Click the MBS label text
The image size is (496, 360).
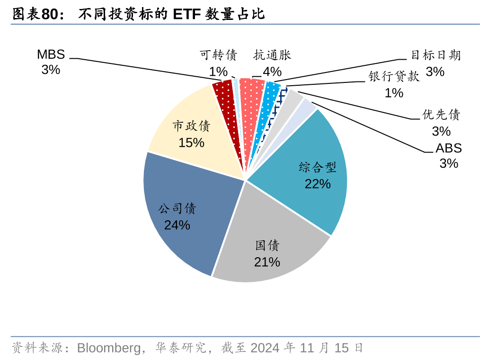[x=51, y=54]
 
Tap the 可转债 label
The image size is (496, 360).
[x=218, y=55]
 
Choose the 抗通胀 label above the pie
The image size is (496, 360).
[x=272, y=55]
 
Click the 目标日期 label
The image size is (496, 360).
[x=435, y=55]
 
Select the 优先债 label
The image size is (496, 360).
[x=441, y=115]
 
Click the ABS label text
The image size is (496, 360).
[x=449, y=148]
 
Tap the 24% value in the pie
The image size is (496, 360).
[x=177, y=225]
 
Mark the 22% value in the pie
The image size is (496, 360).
[x=318, y=184]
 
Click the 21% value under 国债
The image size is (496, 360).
[x=267, y=262]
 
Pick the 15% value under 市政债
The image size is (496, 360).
[x=191, y=142]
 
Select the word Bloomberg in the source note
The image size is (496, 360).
[x=109, y=348]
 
